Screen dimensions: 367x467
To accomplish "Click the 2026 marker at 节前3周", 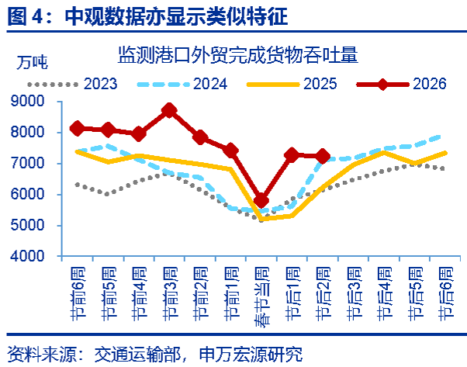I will click(169, 110).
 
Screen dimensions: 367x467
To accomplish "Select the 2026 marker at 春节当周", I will click(261, 200).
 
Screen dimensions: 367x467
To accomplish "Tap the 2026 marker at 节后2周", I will click(323, 156).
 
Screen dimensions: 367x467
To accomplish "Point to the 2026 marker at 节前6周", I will click(77, 128).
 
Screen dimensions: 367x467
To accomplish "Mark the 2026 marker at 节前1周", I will click(230, 150).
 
